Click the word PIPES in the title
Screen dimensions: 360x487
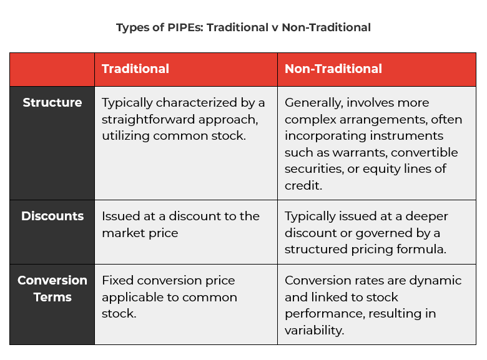(176, 27)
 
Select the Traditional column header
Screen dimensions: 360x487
(135, 69)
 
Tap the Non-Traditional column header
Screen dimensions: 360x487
(333, 69)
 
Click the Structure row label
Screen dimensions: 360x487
(52, 102)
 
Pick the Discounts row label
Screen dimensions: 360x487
(52, 216)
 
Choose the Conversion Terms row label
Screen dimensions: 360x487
(52, 288)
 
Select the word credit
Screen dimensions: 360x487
(301, 186)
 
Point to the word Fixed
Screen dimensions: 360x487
(117, 280)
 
